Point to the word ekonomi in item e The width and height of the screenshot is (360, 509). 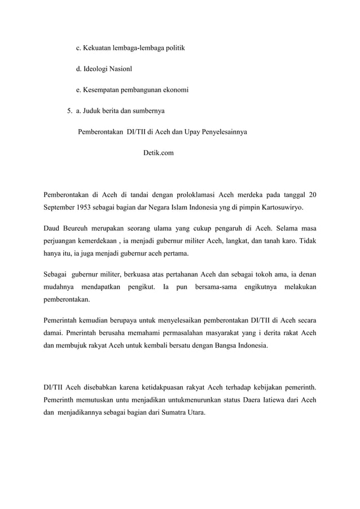coord(174,90)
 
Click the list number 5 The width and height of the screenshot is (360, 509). coord(68,112)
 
